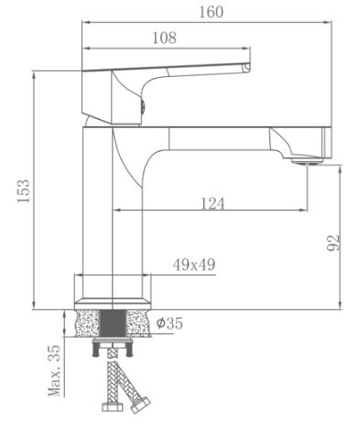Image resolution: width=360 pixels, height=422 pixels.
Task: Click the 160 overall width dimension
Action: tap(211, 12)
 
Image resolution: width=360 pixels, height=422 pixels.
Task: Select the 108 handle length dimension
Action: tap(164, 38)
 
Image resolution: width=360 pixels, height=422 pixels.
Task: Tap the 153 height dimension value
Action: tap(24, 191)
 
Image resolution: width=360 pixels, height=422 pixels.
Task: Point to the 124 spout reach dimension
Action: tap(213, 203)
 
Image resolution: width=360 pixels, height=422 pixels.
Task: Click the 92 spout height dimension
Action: tap(333, 243)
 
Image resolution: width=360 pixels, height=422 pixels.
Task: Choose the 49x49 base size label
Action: tap(194, 265)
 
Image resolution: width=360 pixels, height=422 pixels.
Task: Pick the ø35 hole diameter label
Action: tap(169, 323)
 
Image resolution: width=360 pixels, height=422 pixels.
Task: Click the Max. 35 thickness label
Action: tap(54, 371)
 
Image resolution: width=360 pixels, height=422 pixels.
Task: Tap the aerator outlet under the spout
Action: tap(307, 161)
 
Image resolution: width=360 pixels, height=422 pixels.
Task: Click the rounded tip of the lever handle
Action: tap(246, 68)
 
